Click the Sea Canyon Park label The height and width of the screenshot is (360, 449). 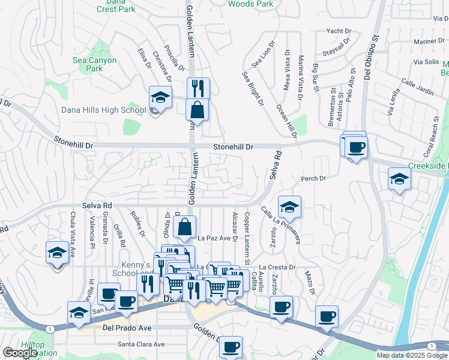point(95,64)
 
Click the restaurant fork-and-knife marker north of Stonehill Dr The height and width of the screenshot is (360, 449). point(198,88)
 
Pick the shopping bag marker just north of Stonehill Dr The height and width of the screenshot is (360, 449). point(197,110)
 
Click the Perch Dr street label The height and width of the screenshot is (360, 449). point(313,178)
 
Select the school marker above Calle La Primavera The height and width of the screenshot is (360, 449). point(289,207)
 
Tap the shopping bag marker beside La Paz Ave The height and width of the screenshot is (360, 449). point(185,227)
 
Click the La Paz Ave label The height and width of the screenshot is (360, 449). point(214,238)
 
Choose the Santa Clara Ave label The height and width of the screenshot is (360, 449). point(141,344)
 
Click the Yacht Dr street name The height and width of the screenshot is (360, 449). point(339,31)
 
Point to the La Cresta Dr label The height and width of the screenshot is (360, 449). point(277,267)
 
